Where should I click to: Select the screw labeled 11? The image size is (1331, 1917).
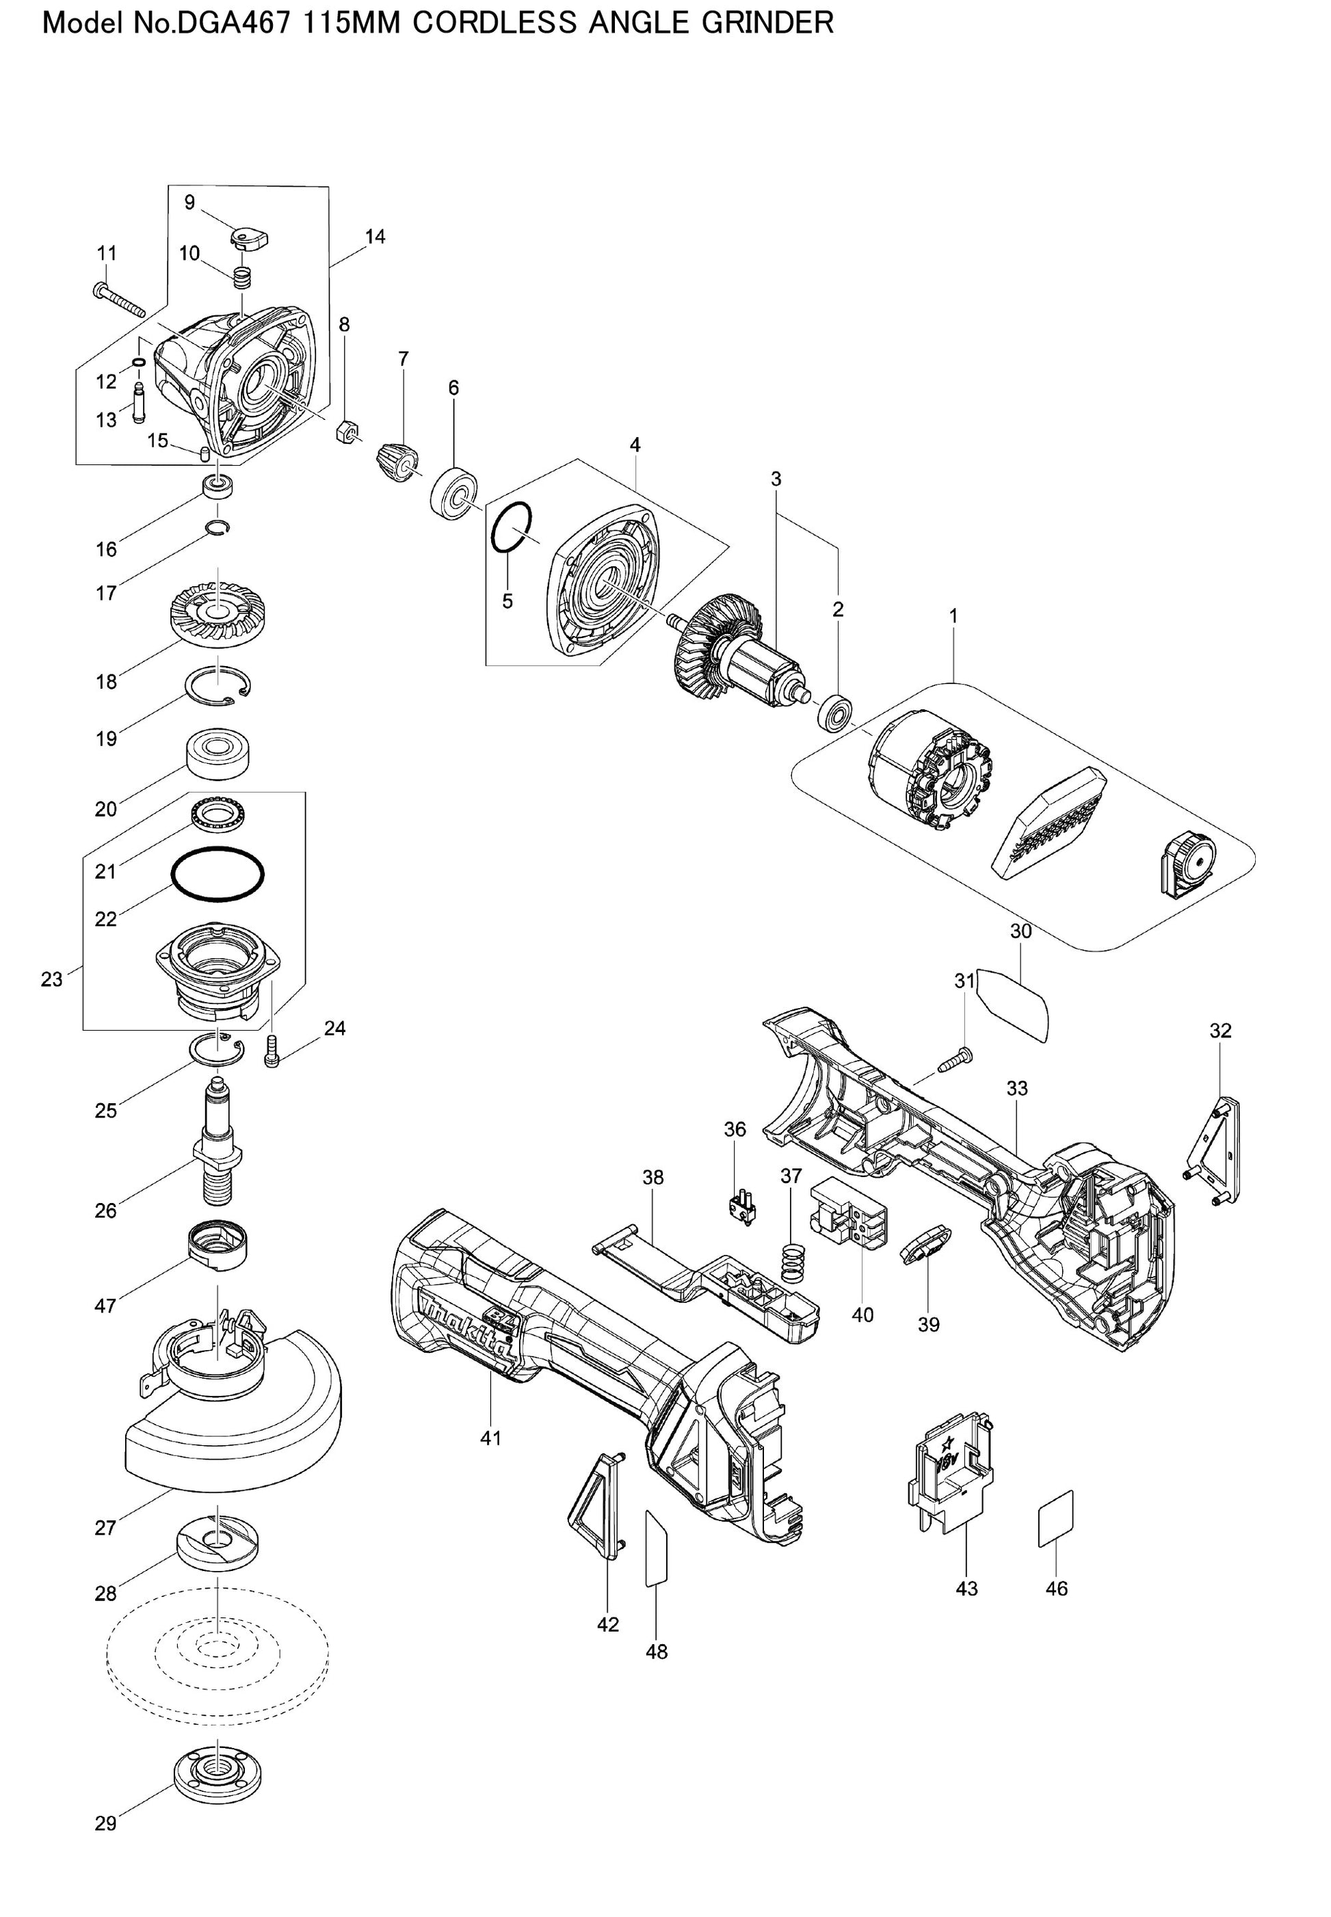(x=121, y=302)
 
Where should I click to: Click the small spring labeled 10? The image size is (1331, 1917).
(x=242, y=277)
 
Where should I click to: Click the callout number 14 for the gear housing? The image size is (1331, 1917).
(x=375, y=237)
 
